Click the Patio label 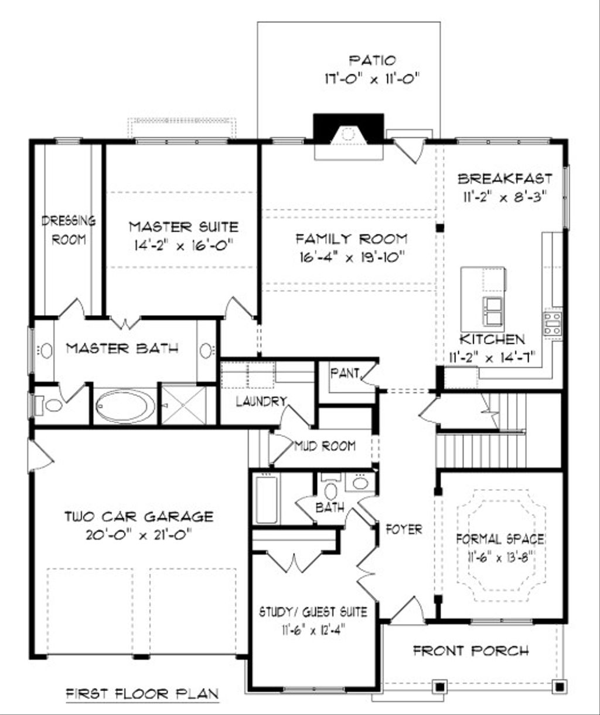[372, 60]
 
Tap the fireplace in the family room [348, 134]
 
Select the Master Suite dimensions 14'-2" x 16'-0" [183, 244]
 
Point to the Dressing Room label [69, 230]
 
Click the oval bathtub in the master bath [126, 406]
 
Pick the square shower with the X [183, 404]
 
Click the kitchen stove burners [553, 324]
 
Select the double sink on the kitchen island [493, 310]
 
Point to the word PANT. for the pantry [344, 373]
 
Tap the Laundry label [261, 401]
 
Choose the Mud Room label [325, 446]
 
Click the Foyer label [404, 529]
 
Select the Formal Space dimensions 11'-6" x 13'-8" [500, 555]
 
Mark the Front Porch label [471, 650]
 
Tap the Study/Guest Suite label [313, 612]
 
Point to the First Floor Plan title [141, 693]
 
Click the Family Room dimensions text [351, 256]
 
